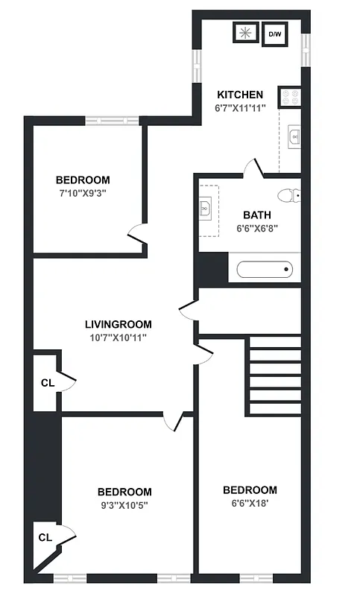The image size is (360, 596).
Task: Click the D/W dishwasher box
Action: [275, 34]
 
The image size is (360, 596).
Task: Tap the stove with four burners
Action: [290, 97]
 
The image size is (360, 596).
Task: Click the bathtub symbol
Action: [264, 269]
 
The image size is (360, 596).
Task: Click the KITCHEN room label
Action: [239, 95]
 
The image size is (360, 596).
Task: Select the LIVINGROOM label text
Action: [118, 324]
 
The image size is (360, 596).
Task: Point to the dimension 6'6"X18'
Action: [250, 503]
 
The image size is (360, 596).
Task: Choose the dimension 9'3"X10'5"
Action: [124, 505]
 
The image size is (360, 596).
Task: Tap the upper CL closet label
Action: [48, 383]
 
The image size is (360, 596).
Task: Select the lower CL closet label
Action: [45, 537]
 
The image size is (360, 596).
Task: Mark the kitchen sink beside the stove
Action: [294, 136]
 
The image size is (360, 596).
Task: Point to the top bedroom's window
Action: [111, 120]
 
